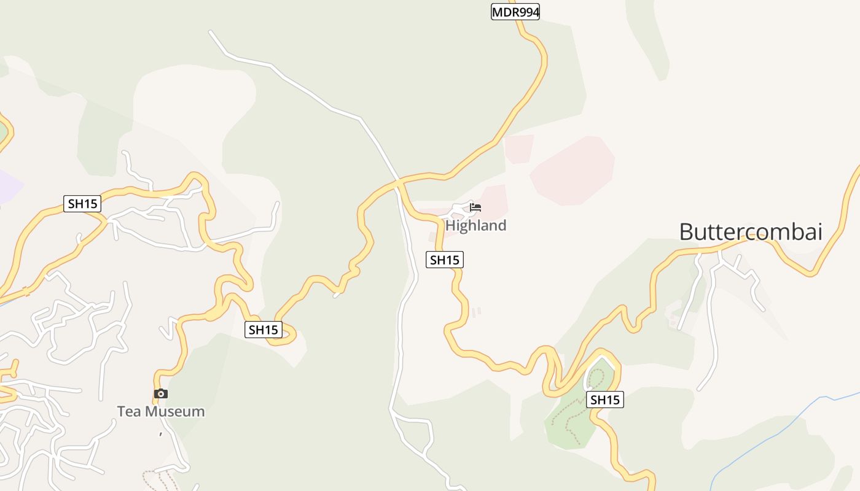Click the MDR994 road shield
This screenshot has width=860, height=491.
tap(515, 12)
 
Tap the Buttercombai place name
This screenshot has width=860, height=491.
tap(750, 232)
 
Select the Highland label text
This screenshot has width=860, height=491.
tap(475, 225)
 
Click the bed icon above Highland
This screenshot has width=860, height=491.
tap(475, 207)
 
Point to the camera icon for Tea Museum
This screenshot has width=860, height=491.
tap(161, 393)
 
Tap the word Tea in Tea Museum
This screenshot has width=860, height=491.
tap(129, 411)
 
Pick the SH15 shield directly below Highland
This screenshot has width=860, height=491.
tap(444, 260)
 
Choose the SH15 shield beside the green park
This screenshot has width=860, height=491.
tap(604, 400)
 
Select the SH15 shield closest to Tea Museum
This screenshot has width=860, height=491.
tap(263, 330)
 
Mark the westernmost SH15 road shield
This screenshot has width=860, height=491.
tap(82, 204)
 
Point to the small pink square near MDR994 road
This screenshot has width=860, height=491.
tap(518, 149)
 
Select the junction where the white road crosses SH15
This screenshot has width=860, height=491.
tap(399, 182)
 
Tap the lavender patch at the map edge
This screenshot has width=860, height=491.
tap(7, 184)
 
